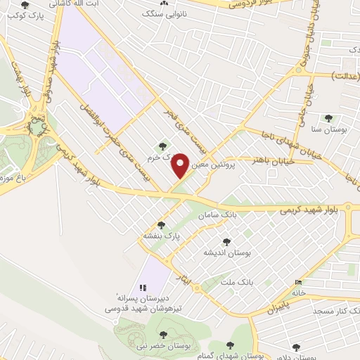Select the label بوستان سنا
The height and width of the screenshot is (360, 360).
(328, 130)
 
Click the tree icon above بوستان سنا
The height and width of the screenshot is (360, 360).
(327, 118)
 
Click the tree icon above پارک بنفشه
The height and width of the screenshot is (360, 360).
(162, 225)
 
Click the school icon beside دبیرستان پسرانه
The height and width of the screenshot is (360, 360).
(143, 287)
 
